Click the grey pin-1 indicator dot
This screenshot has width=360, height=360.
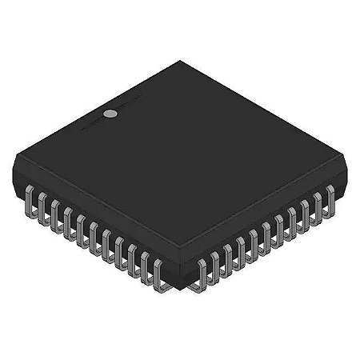[x=112, y=114]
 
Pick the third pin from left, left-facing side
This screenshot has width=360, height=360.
[x=55, y=216]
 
